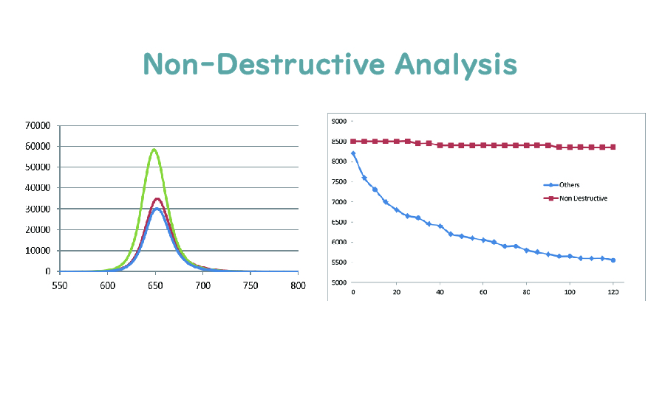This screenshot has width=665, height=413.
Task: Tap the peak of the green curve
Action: tap(154, 150)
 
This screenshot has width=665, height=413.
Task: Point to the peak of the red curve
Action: tap(157, 198)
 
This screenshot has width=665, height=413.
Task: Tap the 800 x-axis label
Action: tap(298, 284)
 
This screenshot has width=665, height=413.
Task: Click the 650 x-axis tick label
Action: tap(155, 284)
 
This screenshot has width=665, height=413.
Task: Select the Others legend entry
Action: tap(569, 185)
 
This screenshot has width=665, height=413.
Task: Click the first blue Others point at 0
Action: tap(353, 153)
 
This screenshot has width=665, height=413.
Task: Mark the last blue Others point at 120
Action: tap(613, 260)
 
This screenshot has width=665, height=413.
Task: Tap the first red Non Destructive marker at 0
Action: tap(353, 141)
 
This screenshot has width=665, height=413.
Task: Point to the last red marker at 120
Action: tap(613, 147)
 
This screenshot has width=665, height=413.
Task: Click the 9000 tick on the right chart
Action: tap(338, 121)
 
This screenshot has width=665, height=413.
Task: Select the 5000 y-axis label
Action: tap(338, 282)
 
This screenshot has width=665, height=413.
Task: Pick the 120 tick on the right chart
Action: tap(613, 293)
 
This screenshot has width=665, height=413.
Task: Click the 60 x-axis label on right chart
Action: tap(483, 293)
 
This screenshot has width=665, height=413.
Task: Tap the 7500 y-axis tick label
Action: tap(338, 181)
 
